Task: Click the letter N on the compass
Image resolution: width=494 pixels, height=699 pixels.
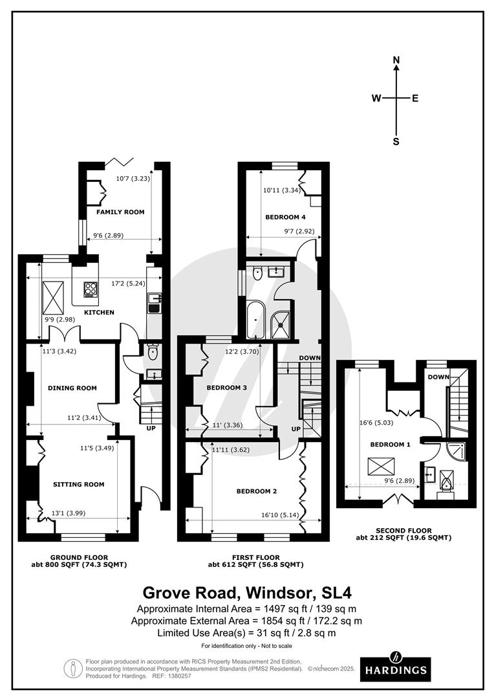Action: point(396,60)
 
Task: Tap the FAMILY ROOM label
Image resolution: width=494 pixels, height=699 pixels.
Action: point(120,212)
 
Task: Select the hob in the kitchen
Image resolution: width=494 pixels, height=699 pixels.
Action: point(91,289)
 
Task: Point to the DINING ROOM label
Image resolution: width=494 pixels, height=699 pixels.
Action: point(72,388)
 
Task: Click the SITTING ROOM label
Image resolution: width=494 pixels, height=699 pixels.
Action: point(78,485)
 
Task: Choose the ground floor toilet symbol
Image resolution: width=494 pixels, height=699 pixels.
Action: point(153,353)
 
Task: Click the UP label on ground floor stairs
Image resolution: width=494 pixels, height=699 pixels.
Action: point(151,428)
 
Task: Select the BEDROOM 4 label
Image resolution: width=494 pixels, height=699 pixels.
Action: point(285,217)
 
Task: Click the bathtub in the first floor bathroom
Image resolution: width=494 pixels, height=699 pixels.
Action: point(255,319)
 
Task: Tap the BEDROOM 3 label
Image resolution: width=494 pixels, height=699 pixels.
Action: point(226,388)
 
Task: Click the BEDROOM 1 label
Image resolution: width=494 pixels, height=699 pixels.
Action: point(390,445)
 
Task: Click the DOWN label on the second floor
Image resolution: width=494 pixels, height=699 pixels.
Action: point(438,377)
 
